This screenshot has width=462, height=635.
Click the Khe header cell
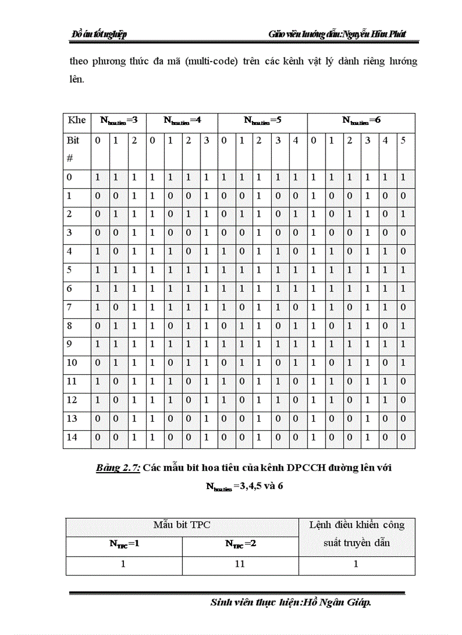coord(76,120)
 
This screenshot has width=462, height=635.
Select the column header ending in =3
coord(119,120)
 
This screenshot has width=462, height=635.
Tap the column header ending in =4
coord(182,120)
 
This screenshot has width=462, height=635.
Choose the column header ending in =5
coord(262,120)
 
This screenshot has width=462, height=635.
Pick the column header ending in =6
coord(361,120)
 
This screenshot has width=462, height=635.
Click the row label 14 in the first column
coord(72,437)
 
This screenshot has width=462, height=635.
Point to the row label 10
coord(72,362)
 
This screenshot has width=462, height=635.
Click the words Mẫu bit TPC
coord(182,525)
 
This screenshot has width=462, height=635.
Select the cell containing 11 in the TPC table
coord(241,564)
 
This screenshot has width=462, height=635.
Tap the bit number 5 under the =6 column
coord(403,140)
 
